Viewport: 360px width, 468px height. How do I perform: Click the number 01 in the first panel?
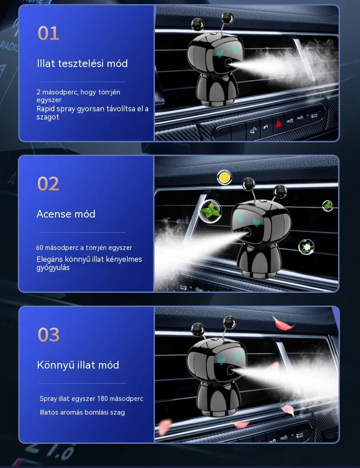click(x=48, y=33)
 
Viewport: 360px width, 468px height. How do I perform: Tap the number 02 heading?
click(x=48, y=183)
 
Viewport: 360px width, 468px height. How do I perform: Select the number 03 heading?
click(x=49, y=335)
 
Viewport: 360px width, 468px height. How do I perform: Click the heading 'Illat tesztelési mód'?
click(x=82, y=63)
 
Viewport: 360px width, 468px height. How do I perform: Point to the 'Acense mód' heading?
click(x=66, y=214)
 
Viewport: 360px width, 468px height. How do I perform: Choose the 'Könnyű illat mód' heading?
click(x=78, y=365)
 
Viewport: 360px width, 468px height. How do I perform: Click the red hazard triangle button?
click(x=278, y=123)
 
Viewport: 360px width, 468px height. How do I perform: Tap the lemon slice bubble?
click(x=224, y=177)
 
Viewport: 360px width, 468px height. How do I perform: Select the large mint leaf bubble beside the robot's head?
click(x=211, y=211)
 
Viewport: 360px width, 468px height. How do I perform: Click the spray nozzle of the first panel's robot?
click(x=228, y=63)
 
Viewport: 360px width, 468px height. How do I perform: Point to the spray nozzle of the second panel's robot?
click(x=247, y=232)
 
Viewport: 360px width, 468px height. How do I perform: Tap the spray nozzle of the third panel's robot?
click(x=230, y=370)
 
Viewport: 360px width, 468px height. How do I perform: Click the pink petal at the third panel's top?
click(x=282, y=323)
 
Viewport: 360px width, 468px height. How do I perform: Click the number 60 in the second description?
click(x=40, y=247)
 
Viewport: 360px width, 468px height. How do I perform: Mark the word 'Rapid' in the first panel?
click(x=45, y=109)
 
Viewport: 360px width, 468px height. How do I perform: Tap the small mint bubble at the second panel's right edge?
click(x=328, y=206)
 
